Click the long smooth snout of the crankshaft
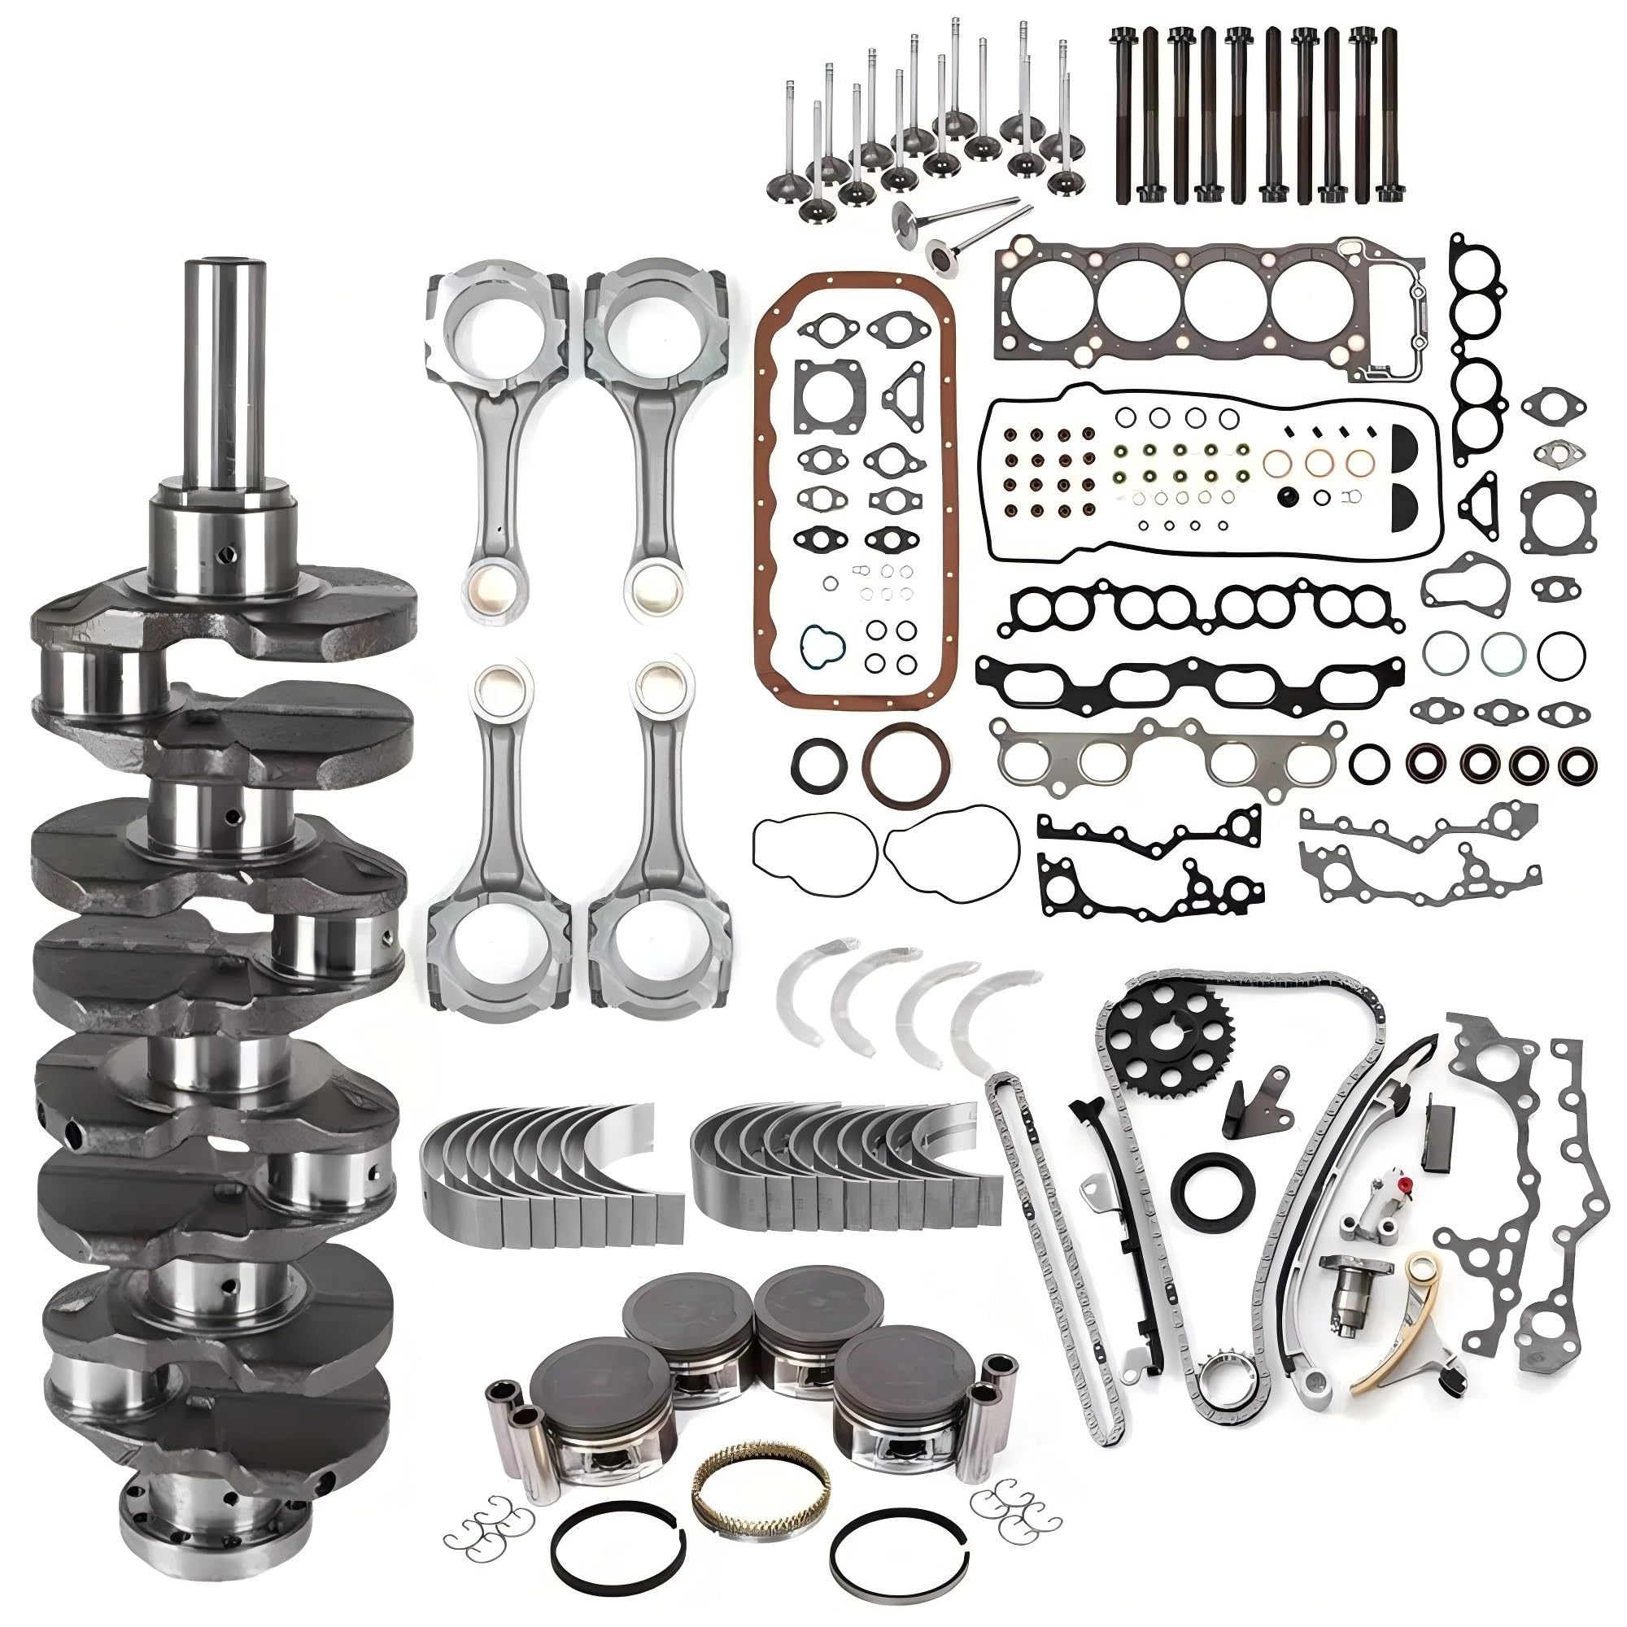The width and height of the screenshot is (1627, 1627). (225, 370)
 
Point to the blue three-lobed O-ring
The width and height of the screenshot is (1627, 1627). (821, 644)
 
